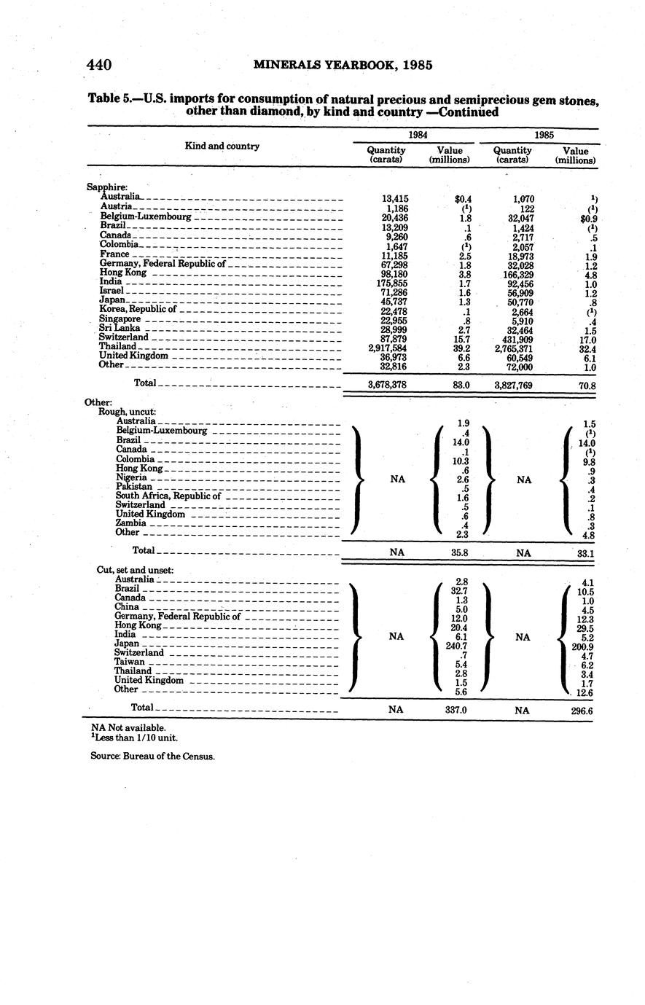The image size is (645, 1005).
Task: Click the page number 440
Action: pos(98,65)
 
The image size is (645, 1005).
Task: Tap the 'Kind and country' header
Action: pos(222,146)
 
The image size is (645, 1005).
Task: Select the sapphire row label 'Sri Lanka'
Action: pos(115,329)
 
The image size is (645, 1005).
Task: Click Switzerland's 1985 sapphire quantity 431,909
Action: pos(519,338)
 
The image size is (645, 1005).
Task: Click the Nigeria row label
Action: pos(131,477)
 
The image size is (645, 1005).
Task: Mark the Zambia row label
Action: pos(131,523)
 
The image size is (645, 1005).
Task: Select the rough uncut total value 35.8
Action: pos(459,553)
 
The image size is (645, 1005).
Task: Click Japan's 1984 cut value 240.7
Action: pos(456,645)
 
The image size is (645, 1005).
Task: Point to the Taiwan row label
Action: pos(130,662)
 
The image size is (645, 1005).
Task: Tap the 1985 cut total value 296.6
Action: pos(582,708)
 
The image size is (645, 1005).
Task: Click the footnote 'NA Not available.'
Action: pos(128,727)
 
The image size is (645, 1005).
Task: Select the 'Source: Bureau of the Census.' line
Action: pos(152,756)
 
